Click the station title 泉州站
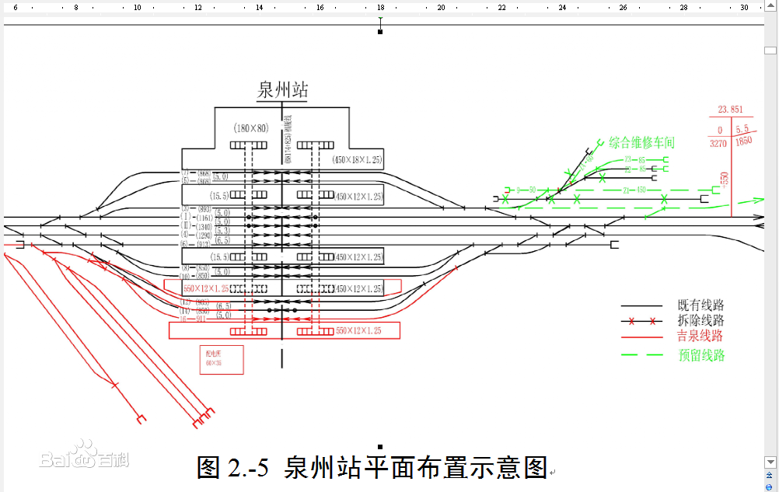pos(282,90)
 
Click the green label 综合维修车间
pos(641,143)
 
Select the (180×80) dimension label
pos(250,128)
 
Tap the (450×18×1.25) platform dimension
pos(358,160)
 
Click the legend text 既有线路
pos(700,305)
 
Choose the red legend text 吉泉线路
pos(700,337)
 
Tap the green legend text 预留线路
pos(700,355)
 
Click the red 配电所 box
pos(222,359)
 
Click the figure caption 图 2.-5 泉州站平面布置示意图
pos(372,467)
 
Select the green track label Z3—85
pos(634,159)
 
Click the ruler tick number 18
pos(380,7)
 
